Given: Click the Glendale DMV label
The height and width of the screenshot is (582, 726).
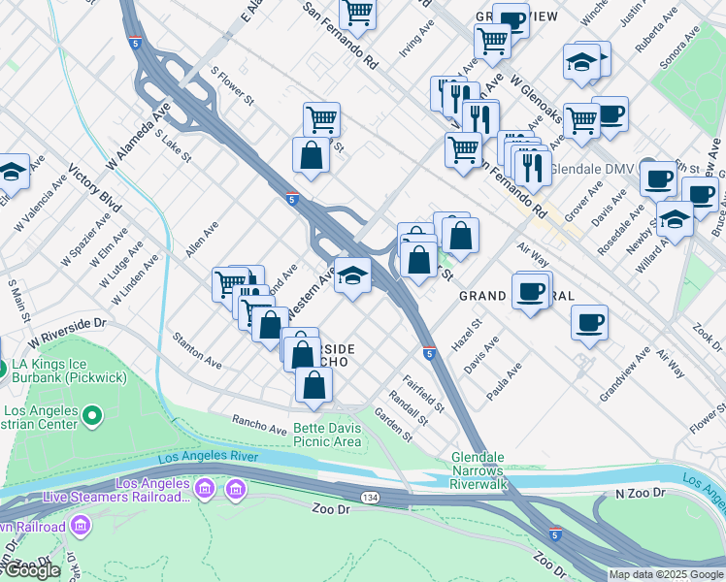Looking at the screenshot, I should coord(592,169).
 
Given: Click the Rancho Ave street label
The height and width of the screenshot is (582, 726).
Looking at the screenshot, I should coord(258,425).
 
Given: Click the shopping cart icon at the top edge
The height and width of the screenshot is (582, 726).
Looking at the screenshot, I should coord(358,14).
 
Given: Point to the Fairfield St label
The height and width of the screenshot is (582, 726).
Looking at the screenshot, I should coord(424,393).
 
